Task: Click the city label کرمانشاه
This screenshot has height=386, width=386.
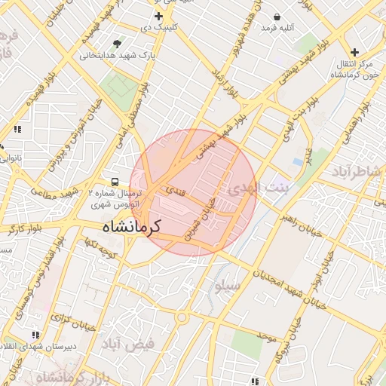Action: click(x=133, y=226)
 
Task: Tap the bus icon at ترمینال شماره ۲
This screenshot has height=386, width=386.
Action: click(x=115, y=182)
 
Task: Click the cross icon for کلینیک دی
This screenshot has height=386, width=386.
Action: click(x=158, y=16)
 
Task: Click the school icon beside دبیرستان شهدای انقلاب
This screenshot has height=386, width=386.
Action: click(x=35, y=334)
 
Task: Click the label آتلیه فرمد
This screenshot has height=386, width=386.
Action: click(x=277, y=27)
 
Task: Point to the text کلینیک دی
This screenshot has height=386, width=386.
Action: click(x=163, y=28)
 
